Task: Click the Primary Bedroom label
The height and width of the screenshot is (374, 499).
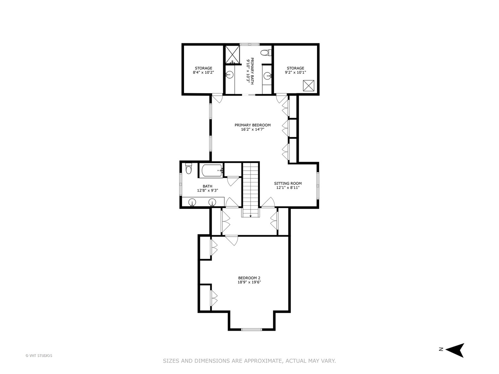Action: pos(252,125)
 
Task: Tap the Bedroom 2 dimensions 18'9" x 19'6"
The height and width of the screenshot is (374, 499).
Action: pos(249,282)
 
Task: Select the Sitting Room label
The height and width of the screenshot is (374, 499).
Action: pos(288,183)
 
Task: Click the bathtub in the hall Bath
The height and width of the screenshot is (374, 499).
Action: pos(211,170)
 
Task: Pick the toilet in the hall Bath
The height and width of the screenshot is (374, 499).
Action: pos(188,168)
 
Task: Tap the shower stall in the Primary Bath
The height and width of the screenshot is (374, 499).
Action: pos(232,54)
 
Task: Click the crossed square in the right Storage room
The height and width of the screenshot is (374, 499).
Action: pos(309,86)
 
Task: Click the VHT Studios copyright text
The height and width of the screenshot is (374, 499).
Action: pos(39,356)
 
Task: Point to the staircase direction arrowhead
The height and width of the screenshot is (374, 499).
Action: pos(250,216)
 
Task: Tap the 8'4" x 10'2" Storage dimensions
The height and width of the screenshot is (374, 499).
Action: pos(203,72)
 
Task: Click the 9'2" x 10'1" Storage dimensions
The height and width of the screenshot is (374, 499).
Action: pos(295,72)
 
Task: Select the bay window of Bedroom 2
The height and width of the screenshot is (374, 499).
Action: pos(252,329)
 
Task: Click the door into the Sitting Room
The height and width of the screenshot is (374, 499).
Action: pos(268,202)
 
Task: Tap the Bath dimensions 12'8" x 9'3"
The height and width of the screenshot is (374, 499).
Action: pos(207,190)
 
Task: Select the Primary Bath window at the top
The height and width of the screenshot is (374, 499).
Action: pos(249,44)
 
